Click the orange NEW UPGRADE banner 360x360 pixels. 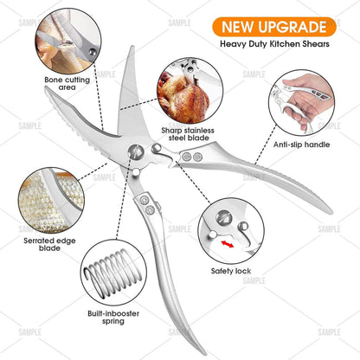tap(274, 27)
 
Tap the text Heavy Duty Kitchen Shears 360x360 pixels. tap(274, 44)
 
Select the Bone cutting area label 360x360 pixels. tap(67, 83)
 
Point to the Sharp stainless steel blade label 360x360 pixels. tap(188, 134)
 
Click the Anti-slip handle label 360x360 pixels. tap(301, 145)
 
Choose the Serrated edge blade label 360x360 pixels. tap(49, 244)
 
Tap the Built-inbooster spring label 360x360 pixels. tap(113, 318)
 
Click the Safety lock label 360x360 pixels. tap(231, 271)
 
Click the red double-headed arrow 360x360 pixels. tap(228, 244)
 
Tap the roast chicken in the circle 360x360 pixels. tap(183, 98)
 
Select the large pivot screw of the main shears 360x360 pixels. tap(135, 151)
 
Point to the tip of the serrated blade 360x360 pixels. tap(46, 87)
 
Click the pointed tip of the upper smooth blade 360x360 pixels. tap(132, 47)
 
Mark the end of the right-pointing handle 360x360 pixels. tap(331, 212)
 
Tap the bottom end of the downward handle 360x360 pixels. tap(204, 352)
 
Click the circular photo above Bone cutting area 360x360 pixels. tap(68, 42)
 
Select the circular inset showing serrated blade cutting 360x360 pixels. tap(52, 201)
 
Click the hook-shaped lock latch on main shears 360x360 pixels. tap(168, 158)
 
